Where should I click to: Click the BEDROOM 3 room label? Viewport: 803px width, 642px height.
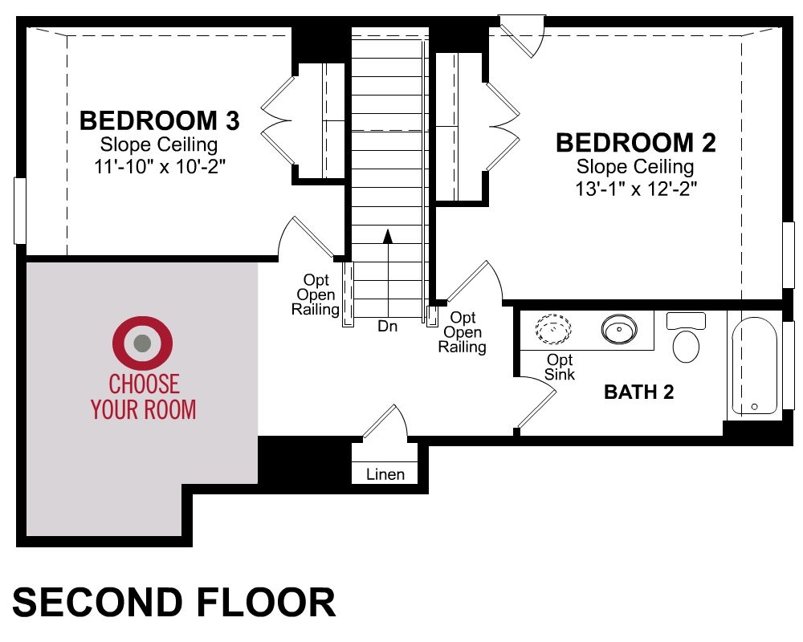159,121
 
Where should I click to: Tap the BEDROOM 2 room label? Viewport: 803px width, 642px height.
635,143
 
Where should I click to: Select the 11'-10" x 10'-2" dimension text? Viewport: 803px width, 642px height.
160,166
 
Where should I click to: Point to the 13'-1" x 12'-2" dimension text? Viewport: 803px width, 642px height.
636,189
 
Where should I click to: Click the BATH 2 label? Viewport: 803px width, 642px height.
638,392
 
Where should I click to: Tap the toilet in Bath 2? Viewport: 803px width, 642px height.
686,337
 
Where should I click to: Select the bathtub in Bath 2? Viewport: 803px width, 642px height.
754,367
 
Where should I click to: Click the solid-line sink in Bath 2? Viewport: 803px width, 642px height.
619,328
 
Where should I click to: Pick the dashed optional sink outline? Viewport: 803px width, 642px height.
553,328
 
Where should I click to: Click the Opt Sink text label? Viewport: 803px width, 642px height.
559,367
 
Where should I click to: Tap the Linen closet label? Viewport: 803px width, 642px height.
385,474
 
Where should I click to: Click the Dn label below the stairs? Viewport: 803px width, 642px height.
387,326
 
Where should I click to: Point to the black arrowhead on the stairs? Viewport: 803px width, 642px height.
388,236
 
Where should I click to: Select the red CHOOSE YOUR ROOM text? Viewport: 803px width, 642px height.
144,396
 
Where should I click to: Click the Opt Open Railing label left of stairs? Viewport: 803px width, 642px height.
316,295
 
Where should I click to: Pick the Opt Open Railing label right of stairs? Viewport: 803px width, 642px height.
462,332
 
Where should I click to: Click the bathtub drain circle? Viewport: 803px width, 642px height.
754,407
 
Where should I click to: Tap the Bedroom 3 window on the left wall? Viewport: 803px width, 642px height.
19,210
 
